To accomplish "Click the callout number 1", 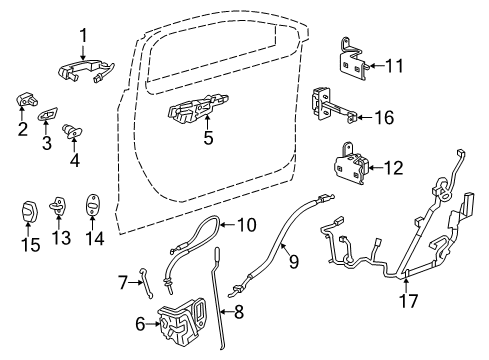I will pos(84,36).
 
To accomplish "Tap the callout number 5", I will pos(208,138).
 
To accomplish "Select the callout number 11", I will pos(394,67).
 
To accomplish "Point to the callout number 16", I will pos(383,118).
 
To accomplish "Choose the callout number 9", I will pos(294,264).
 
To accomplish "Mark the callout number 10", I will pos(246,225).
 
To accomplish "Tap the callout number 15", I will pos(31,244).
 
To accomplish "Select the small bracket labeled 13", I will pos(60,206).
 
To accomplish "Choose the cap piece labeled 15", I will pos(30,213).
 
